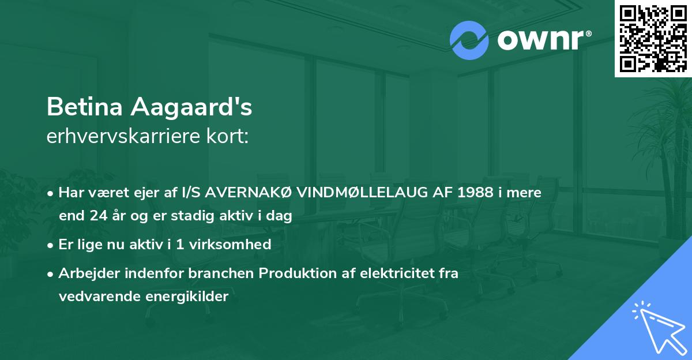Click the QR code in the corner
653,39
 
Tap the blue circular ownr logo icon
469,40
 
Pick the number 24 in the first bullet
96,216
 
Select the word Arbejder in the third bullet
84,273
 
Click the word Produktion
295,273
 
